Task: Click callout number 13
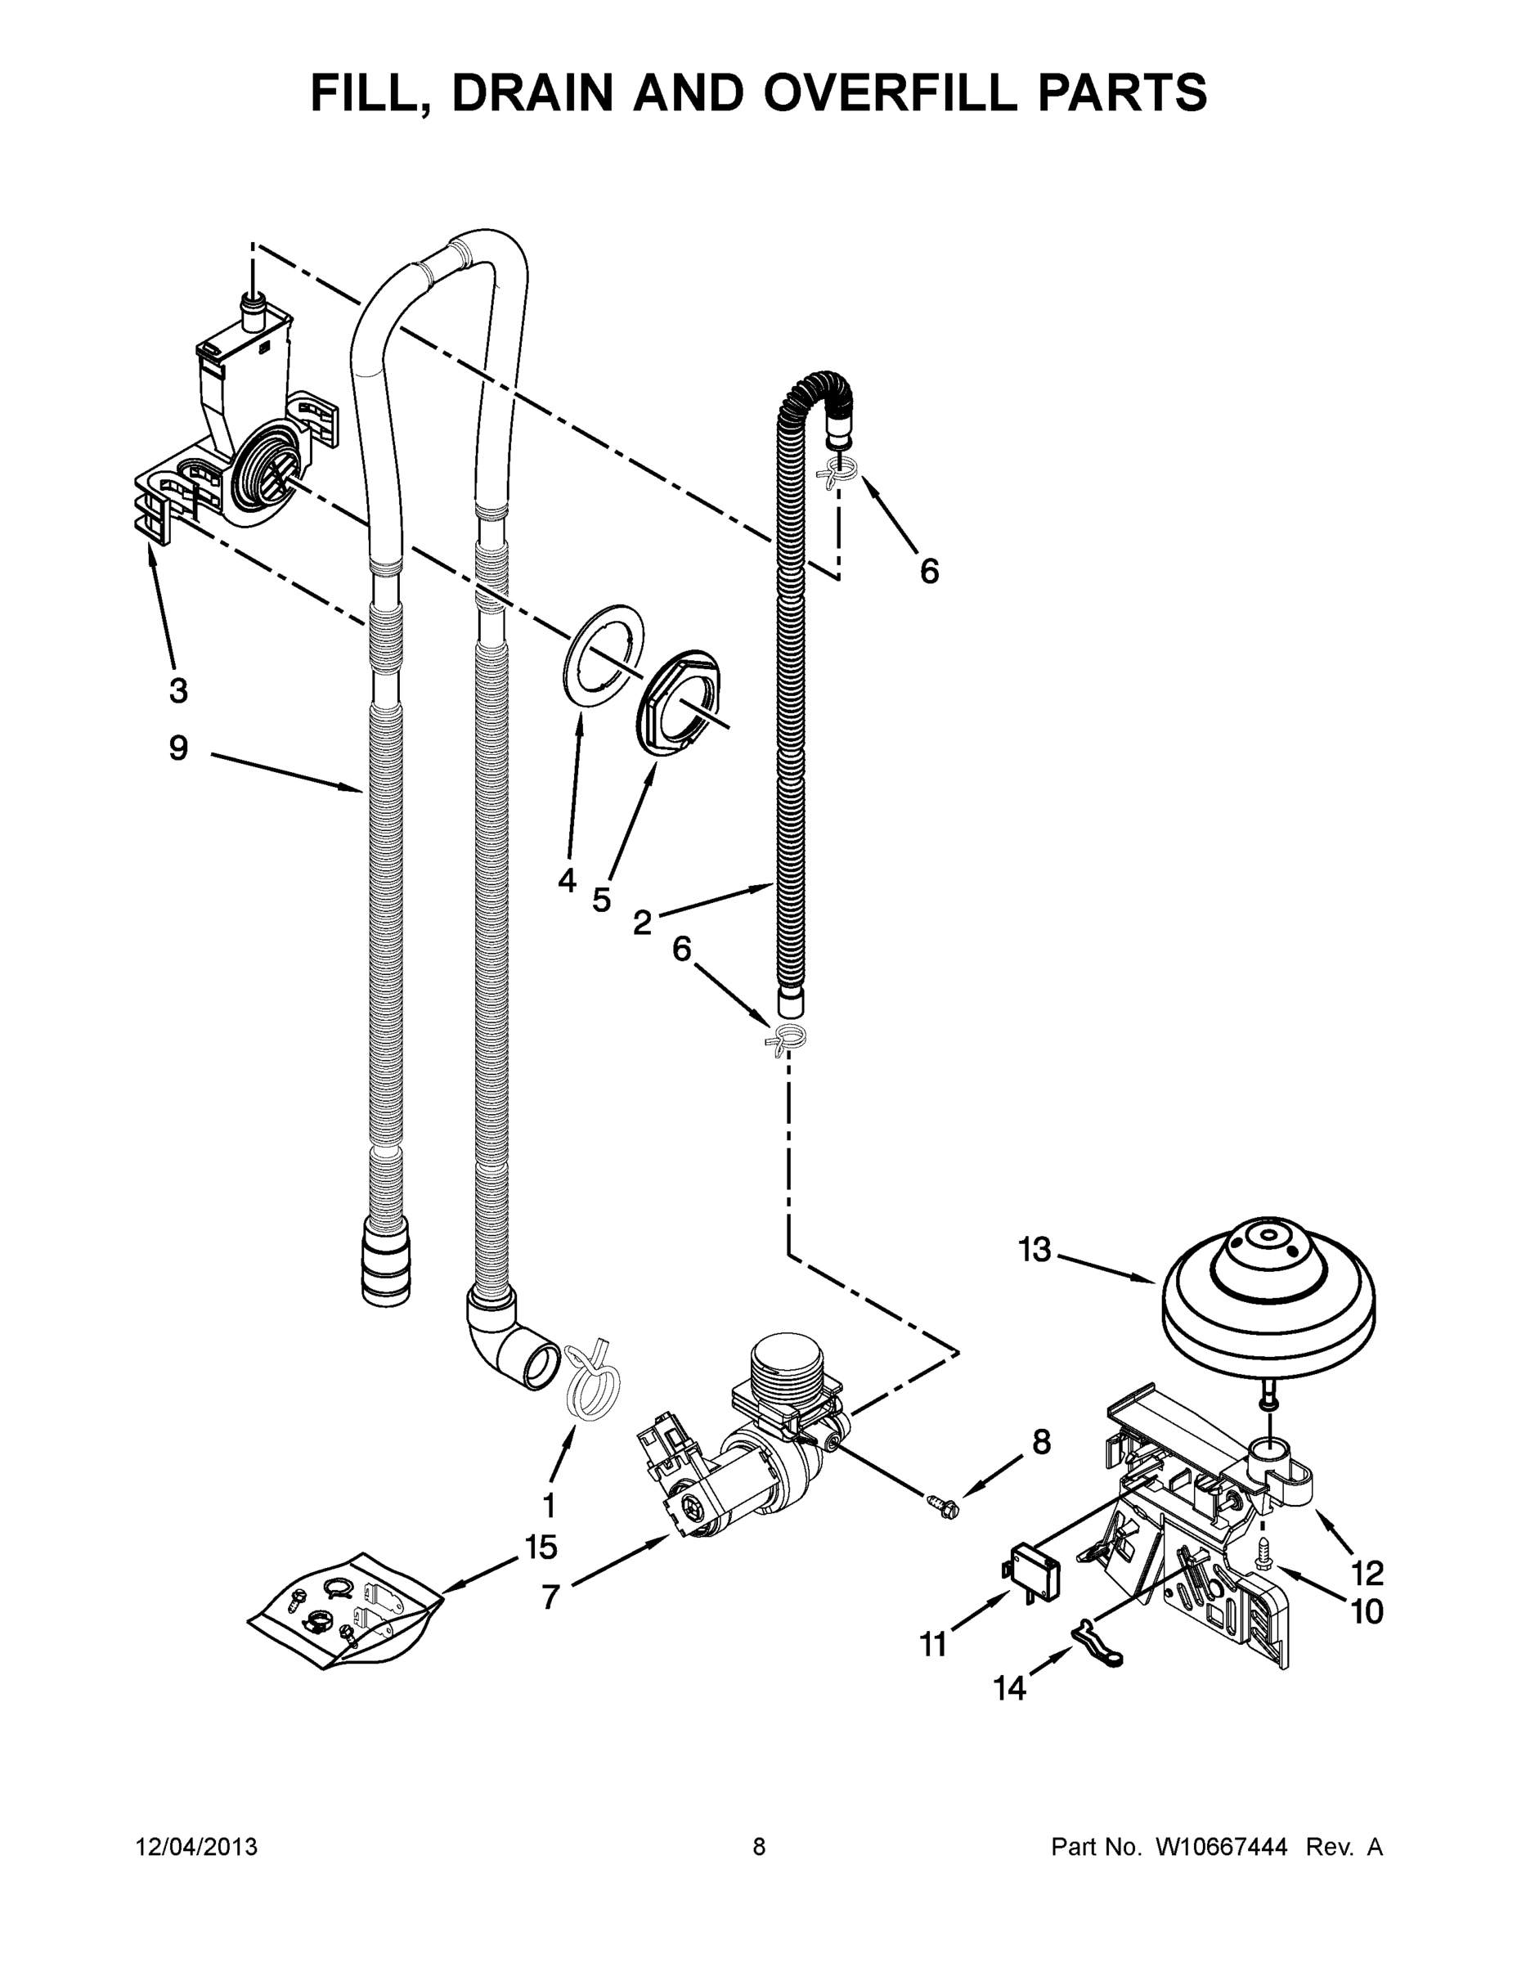(1035, 1248)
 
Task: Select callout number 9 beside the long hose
(179, 748)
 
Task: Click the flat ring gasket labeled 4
(604, 657)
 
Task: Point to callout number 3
(178, 690)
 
